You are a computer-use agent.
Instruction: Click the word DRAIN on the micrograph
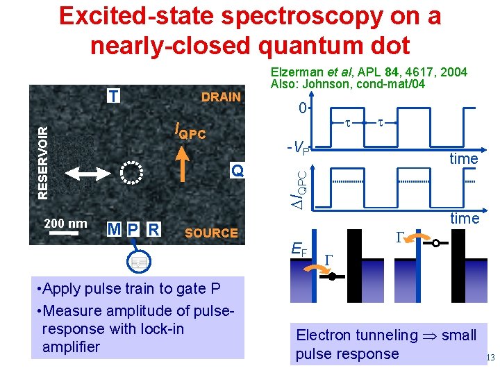point(221,97)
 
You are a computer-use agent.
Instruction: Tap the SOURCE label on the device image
point(211,233)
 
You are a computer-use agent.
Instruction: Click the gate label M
point(115,229)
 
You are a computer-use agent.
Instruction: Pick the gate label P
point(133,229)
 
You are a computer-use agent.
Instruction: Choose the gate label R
point(154,229)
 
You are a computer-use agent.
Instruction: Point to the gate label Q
point(237,170)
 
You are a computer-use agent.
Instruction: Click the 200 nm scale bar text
point(65,223)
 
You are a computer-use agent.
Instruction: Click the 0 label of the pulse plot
point(302,108)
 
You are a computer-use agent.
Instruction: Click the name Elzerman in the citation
point(294,72)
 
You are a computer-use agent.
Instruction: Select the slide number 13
point(490,358)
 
